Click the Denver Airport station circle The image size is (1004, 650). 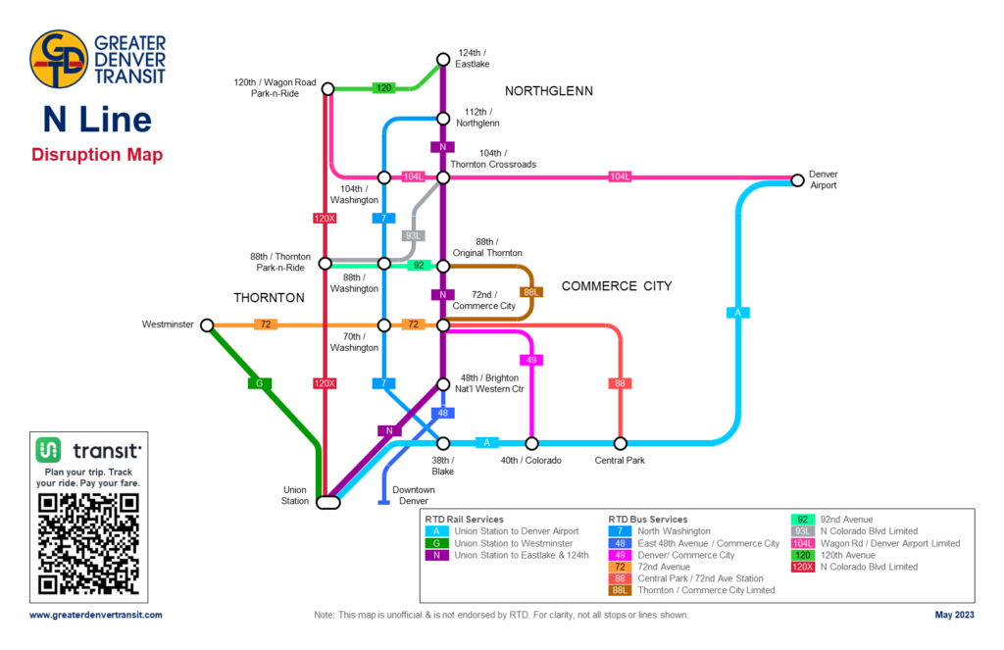796,179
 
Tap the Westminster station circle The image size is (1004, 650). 207,325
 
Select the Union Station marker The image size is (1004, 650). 328,502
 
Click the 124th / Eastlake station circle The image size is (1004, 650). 442,58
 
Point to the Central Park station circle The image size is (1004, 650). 620,443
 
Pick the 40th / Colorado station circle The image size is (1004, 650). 531,443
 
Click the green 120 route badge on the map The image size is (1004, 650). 384,88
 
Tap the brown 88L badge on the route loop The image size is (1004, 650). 531,292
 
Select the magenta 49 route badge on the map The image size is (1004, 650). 531,360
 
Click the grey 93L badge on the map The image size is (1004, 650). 414,235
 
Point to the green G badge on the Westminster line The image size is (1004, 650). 259,383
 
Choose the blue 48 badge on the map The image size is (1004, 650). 442,413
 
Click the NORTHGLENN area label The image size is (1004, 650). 549,91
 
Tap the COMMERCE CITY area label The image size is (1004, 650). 616,286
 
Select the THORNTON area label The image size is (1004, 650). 269,297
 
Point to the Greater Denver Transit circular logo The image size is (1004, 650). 59,60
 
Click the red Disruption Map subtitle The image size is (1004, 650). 97,155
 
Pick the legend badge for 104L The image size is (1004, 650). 802,543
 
